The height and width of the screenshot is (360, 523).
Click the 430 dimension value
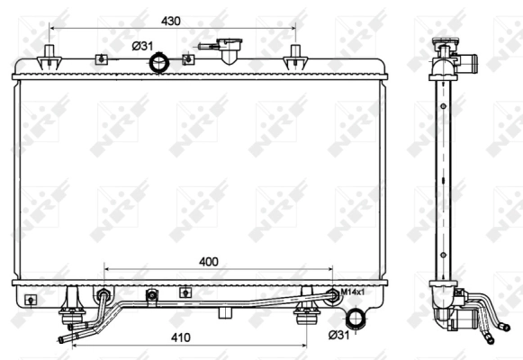tap(172, 21)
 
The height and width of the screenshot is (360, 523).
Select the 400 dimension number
tap(208, 261)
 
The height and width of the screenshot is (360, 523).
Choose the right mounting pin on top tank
tap(294, 58)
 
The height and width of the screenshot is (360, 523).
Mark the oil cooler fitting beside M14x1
tap(334, 293)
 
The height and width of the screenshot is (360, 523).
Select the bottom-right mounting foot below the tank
tap(308, 314)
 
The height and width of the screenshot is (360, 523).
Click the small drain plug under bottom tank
tap(224, 313)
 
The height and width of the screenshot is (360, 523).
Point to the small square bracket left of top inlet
tap(101, 59)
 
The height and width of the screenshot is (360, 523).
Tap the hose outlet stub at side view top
tap(470, 62)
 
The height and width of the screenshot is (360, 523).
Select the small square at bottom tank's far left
tap(31, 299)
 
